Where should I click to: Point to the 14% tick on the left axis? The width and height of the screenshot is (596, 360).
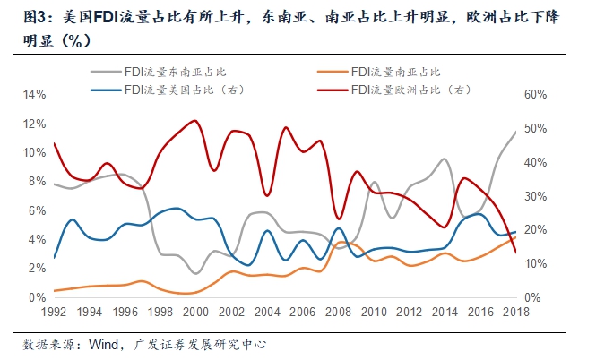click(33, 95)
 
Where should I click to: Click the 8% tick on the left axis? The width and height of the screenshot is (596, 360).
click(37, 182)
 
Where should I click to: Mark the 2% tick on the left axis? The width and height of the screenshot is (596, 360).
click(37, 269)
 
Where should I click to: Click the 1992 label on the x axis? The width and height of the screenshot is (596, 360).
click(54, 313)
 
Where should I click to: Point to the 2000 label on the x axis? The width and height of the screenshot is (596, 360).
click(195, 313)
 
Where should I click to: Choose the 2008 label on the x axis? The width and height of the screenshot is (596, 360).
click(338, 313)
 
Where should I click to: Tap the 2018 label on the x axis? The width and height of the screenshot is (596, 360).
click(514, 313)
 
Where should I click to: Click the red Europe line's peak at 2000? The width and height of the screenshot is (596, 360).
click(195, 121)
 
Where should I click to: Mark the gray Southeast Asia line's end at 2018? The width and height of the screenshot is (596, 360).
click(515, 132)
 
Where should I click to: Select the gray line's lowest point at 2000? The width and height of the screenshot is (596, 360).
click(195, 273)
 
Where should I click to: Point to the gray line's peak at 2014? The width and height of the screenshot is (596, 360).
click(445, 159)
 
